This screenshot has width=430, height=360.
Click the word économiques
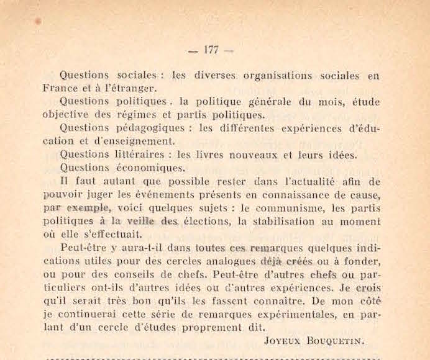pyautogui.click(x=150, y=169)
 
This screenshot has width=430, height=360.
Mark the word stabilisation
pyautogui.click(x=294, y=222)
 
